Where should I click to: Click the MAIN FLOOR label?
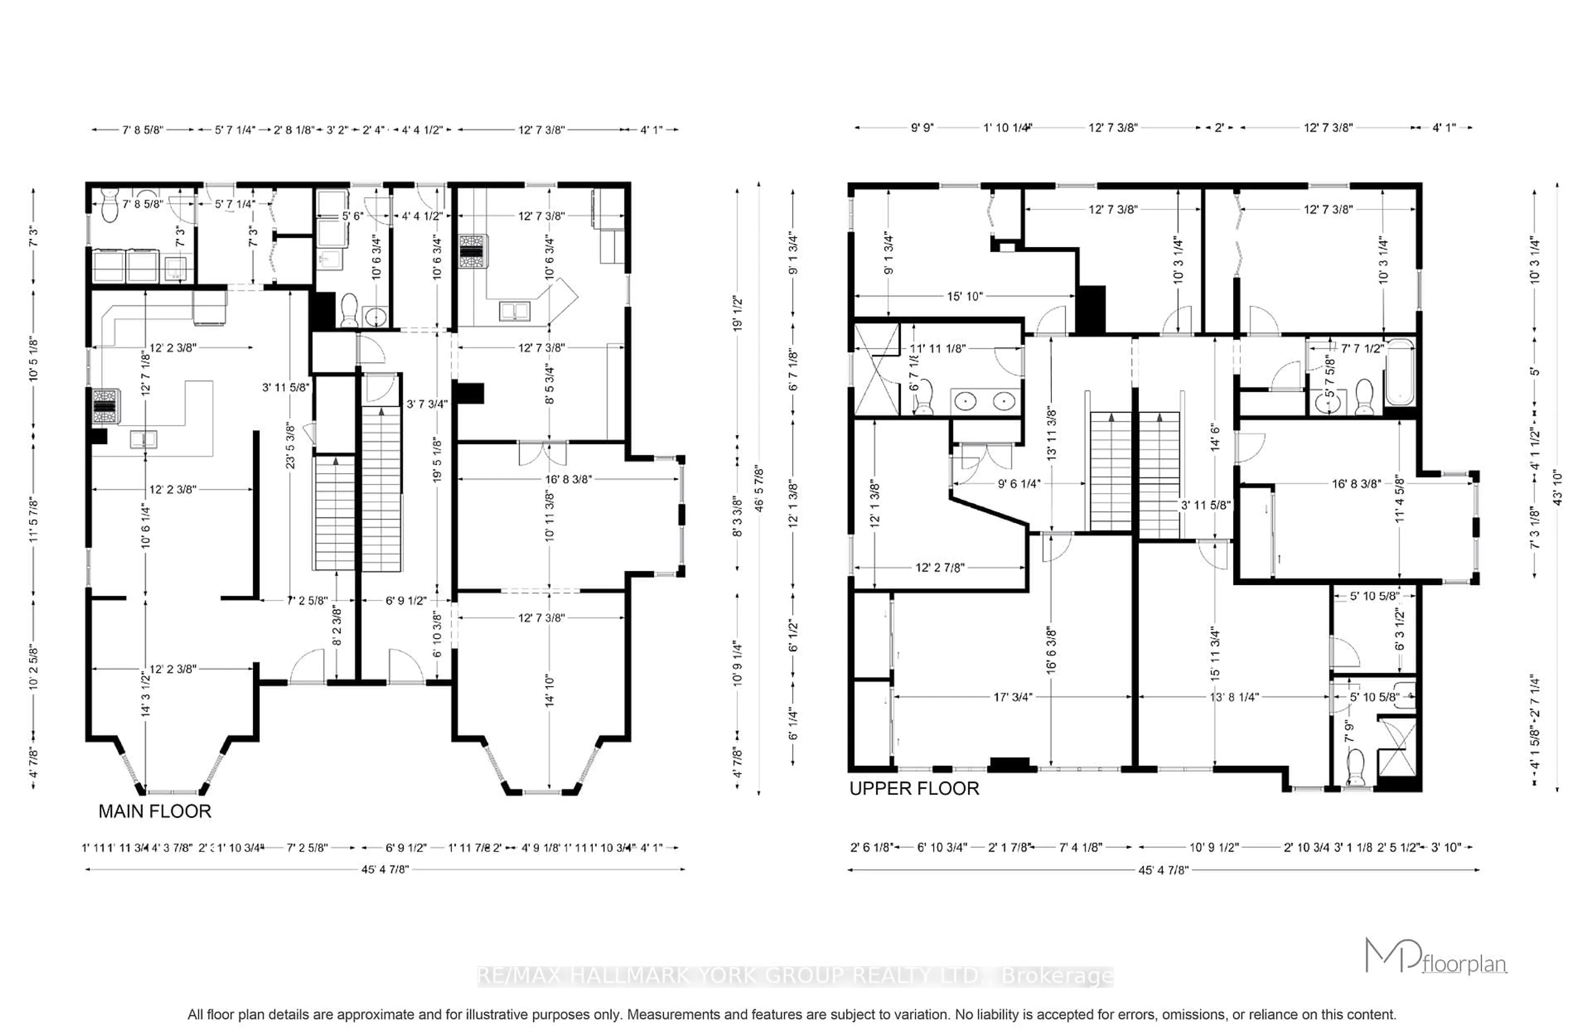155,811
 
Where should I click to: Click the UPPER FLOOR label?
914,788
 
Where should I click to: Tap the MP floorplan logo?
1435,957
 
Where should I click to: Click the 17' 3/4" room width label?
1012,697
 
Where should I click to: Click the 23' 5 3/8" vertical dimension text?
290,445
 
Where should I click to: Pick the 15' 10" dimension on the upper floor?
964,296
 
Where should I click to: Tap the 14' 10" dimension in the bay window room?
549,690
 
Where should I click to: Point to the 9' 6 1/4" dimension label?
1018,483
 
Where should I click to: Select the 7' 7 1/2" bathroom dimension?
1362,348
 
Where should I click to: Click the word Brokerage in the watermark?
1057,976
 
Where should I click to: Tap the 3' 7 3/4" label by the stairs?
426,403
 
